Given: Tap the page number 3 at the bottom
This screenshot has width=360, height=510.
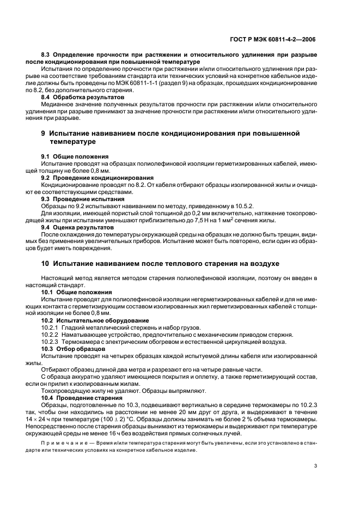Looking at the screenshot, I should point(316,465).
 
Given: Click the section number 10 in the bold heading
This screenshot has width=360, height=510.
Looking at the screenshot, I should point(46,264).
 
